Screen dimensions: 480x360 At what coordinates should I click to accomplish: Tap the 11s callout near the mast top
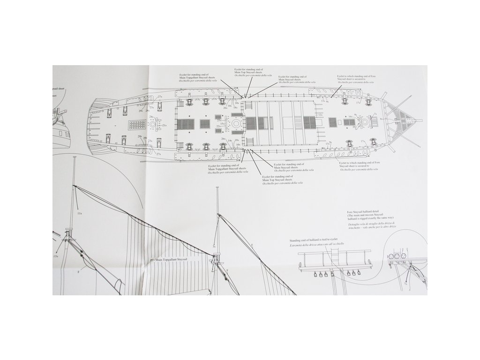point(79,213)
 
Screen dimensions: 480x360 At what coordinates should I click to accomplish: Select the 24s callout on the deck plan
point(151,117)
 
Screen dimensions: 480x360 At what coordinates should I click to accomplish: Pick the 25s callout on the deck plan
point(219,116)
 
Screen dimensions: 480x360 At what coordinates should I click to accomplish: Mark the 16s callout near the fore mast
point(350,116)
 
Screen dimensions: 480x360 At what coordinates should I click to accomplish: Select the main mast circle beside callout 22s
point(235,123)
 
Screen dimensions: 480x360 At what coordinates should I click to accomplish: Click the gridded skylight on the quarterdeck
point(138,125)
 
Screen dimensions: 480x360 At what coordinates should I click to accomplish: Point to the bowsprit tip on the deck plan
point(422,120)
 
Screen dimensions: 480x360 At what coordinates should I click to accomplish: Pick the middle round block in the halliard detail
point(396,257)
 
